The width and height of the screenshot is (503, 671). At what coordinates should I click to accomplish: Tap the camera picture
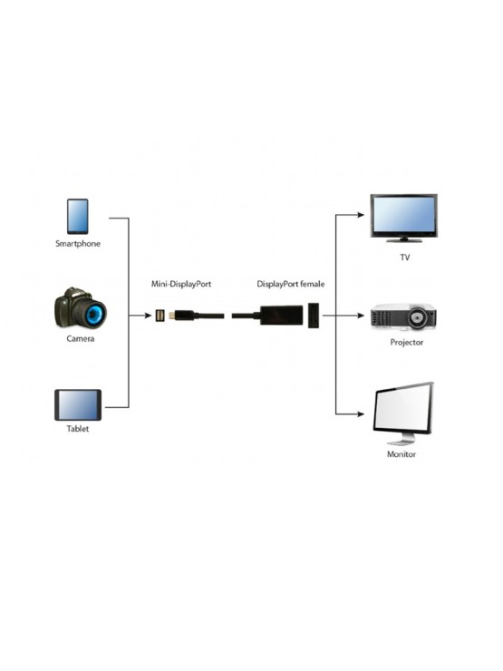click(80, 309)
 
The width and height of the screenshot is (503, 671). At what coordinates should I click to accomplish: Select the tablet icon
click(78, 404)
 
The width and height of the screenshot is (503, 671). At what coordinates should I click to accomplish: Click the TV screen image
click(404, 217)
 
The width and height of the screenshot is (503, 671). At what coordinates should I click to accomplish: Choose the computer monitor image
click(402, 413)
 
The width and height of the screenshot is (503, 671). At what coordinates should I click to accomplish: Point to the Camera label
click(79, 338)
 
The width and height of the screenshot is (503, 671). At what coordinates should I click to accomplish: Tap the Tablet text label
click(78, 428)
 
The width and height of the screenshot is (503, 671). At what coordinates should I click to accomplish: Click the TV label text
click(405, 257)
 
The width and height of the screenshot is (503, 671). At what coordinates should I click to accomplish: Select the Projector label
click(406, 343)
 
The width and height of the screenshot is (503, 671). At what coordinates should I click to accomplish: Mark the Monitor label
click(401, 454)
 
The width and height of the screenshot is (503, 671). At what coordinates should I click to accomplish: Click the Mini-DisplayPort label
click(181, 284)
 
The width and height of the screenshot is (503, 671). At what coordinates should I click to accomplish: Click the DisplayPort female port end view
click(314, 316)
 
